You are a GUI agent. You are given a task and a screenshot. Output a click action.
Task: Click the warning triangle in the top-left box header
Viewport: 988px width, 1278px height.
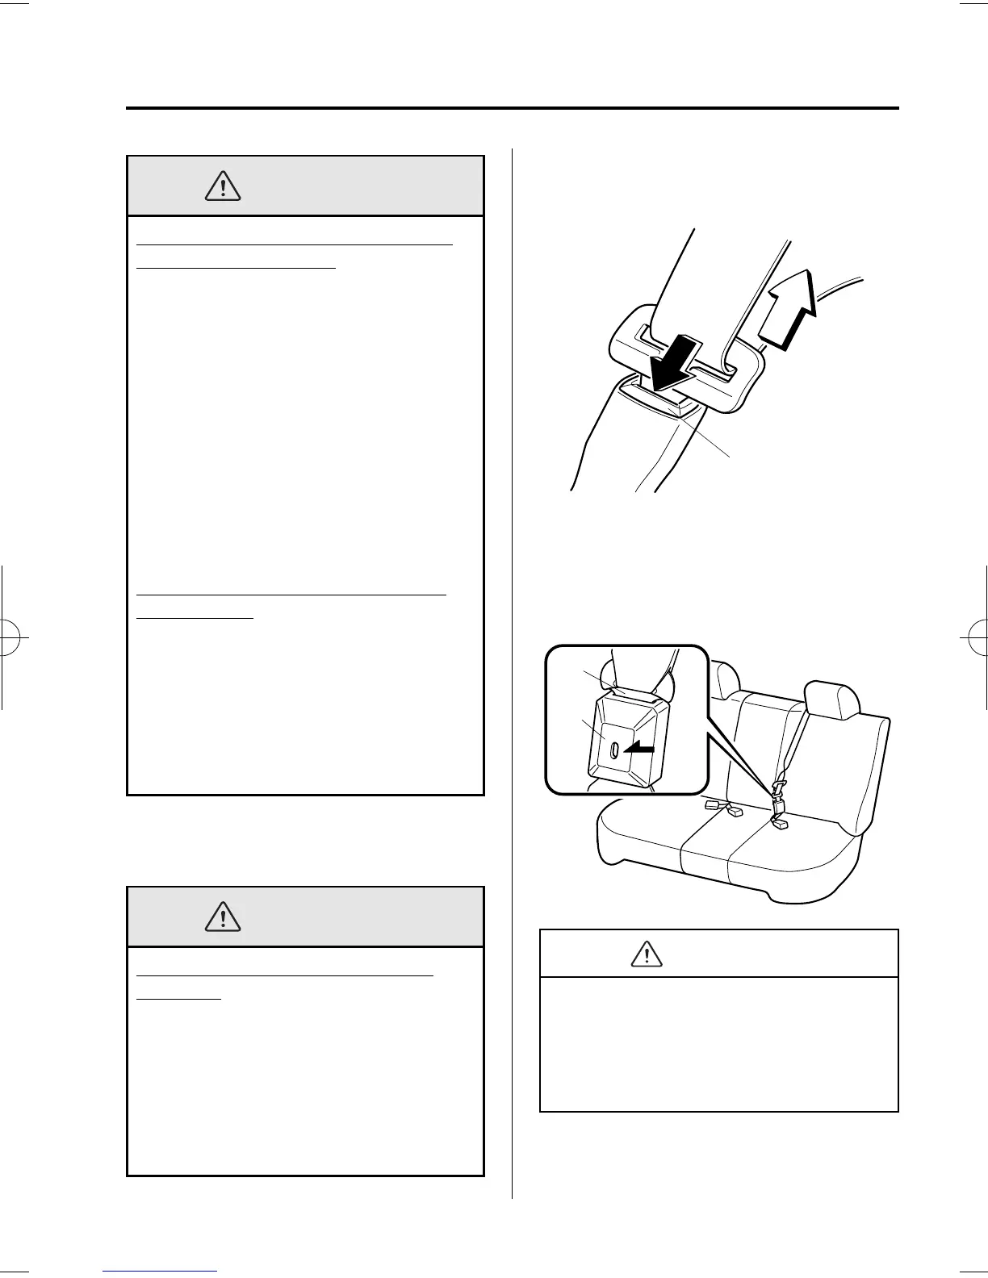coord(223,187)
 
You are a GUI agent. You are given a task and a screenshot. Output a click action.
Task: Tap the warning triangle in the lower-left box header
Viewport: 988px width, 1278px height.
coord(223,917)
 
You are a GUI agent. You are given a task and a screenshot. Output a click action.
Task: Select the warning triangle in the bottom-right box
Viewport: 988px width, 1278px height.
coord(646,954)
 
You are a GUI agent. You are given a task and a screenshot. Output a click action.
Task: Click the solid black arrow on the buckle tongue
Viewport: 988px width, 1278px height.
coord(670,363)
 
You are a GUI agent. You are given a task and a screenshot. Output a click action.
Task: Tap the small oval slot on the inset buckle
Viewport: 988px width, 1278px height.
coord(615,750)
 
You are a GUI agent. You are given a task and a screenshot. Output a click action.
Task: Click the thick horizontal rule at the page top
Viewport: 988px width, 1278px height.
coord(512,108)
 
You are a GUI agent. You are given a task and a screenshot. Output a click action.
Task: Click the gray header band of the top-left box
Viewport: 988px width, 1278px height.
coord(305,186)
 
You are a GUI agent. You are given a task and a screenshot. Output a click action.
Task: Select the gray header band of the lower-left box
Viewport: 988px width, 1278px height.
coord(305,917)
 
